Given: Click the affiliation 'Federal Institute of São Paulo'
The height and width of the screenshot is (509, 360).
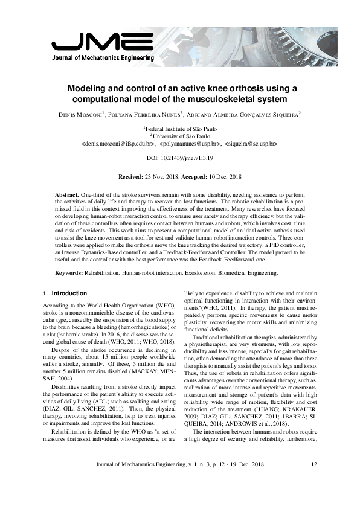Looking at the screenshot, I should point(181,129).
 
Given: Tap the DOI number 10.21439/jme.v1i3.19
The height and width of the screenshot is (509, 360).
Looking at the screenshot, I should point(191,159).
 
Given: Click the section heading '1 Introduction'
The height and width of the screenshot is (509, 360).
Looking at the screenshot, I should point(65,293).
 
